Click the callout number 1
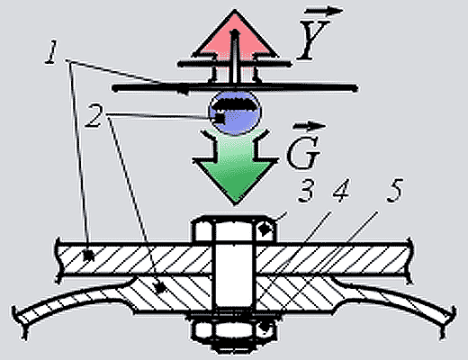click(51, 53)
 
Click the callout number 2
click(94, 116)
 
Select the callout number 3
click(306, 190)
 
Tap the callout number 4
click(342, 190)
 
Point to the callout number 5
click(394, 190)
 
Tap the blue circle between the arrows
click(235, 112)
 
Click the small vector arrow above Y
click(324, 12)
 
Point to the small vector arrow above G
click(310, 126)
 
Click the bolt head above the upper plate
click(235, 228)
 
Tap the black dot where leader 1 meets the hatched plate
click(88, 256)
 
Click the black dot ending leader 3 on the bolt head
click(264, 230)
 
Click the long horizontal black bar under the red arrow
click(235, 88)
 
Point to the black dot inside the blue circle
click(220, 117)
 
